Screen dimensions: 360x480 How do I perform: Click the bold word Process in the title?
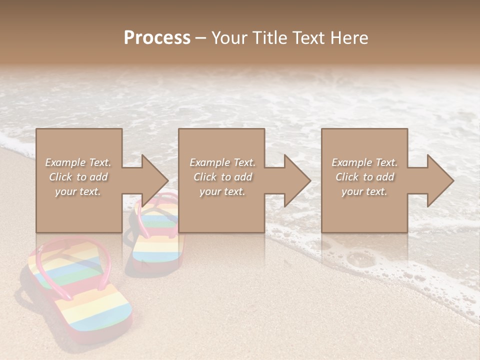pos(157,37)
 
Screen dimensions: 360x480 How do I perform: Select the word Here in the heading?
pos(349,37)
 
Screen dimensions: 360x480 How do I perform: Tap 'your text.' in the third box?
pos(364,191)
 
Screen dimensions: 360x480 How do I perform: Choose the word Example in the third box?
pos(351,162)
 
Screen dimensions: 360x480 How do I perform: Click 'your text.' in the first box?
pos(78,191)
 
